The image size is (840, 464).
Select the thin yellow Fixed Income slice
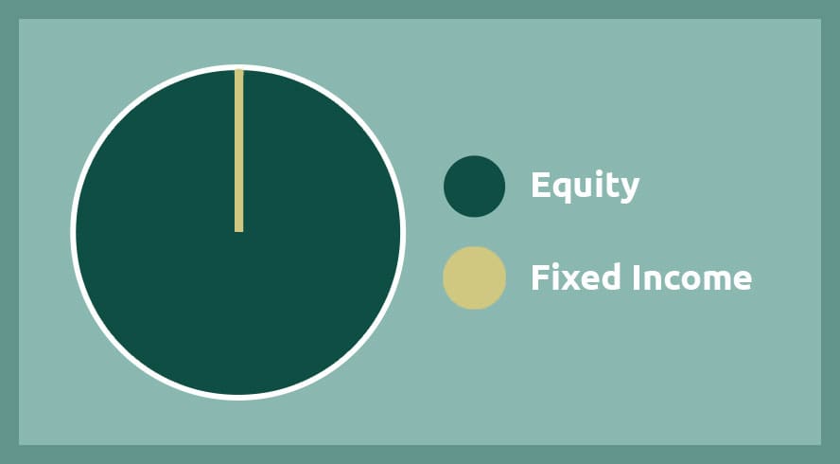239,151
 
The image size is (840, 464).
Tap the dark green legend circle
474,187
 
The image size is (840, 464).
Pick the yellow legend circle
474,277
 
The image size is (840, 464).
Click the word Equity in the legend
585,187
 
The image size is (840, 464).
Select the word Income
692,277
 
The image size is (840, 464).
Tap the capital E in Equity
540,185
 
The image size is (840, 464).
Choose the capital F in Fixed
539,277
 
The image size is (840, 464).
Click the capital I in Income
637,277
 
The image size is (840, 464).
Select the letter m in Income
709,280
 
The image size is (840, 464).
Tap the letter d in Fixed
612,277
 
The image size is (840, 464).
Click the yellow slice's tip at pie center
239,232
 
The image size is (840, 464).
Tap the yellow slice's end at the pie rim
239,70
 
